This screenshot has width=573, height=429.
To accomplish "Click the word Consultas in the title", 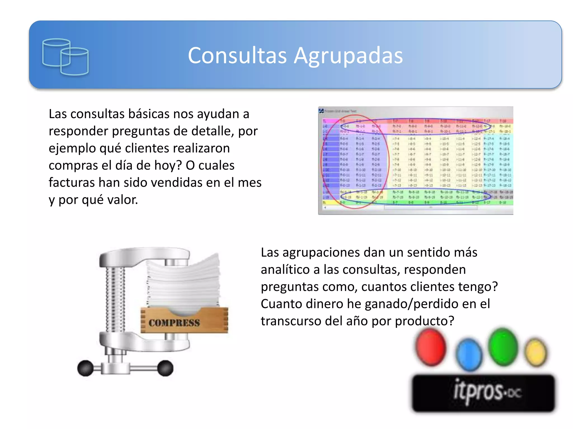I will pyautogui.click(x=237, y=55).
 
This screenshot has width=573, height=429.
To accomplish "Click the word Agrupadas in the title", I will pyautogui.click(x=348, y=56).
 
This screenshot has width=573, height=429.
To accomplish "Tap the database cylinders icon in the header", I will pyautogui.click(x=65, y=57).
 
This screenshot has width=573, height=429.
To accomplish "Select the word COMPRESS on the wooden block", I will pyautogui.click(x=174, y=323).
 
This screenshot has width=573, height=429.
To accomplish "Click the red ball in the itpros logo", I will pyautogui.click(x=431, y=347).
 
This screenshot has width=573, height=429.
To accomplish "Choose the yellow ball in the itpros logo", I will pyautogui.click(x=536, y=352).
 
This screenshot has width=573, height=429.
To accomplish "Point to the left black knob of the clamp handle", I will pyautogui.click(x=85, y=368).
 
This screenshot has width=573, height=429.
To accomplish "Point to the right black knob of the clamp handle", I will pyautogui.click(x=165, y=368).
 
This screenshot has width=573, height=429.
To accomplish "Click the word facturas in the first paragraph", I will pyautogui.click(x=71, y=183).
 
